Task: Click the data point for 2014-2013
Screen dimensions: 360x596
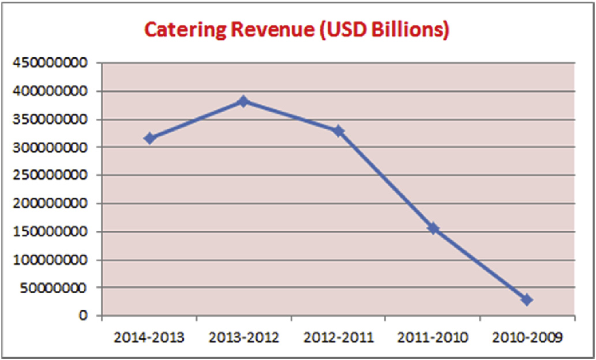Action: coord(149,138)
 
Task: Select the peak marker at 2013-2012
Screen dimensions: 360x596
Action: coord(243,102)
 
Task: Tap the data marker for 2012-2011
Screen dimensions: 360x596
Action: coord(339,131)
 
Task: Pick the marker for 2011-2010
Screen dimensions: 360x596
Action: coord(433,228)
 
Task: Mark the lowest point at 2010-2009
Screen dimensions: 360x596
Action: coord(527,300)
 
